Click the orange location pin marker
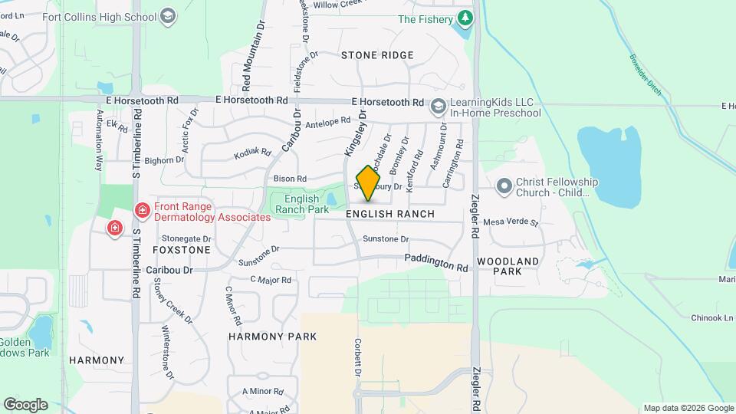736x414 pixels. [x=369, y=183]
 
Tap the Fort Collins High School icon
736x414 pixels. [x=169, y=16]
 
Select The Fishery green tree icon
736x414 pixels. [x=464, y=18]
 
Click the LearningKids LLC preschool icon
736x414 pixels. [x=439, y=107]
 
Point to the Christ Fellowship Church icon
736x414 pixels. [x=504, y=186]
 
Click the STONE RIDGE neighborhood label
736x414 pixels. [x=377, y=55]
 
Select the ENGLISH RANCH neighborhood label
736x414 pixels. [x=390, y=214]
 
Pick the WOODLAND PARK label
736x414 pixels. [x=507, y=266]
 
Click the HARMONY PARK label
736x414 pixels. [x=273, y=337]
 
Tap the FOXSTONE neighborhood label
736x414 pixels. [x=182, y=250]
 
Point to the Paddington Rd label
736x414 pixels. [x=436, y=264]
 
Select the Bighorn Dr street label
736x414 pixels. [x=164, y=160]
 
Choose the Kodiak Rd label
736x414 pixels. [x=253, y=153]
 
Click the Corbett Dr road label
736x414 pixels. [x=358, y=356]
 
